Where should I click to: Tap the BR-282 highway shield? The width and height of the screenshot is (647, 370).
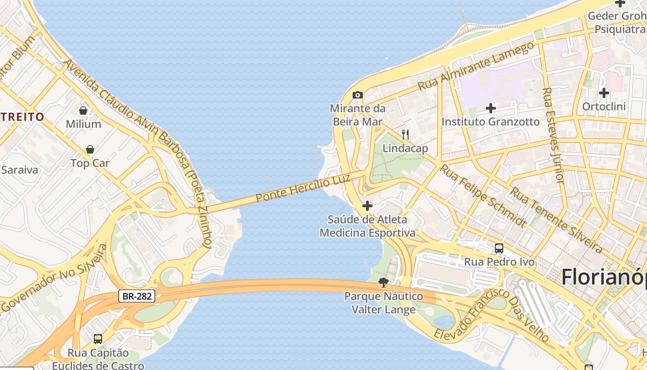click(x=136, y=296)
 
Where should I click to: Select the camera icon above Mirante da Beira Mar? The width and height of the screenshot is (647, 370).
click(x=357, y=95)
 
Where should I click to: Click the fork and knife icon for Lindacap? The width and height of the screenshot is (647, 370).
click(x=405, y=135)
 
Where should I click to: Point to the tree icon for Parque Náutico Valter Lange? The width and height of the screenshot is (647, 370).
click(x=383, y=283)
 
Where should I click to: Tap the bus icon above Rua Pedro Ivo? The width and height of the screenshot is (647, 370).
click(x=499, y=248)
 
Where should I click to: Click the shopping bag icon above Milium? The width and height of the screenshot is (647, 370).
click(x=83, y=111)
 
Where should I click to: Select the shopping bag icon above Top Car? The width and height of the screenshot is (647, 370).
click(x=90, y=149)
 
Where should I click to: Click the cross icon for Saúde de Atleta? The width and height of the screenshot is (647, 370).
click(x=367, y=206)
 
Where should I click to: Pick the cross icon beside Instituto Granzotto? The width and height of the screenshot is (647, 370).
click(x=491, y=109)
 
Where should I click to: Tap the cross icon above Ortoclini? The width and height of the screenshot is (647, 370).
click(x=604, y=93)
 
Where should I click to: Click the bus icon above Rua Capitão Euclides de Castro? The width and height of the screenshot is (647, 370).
click(x=98, y=339)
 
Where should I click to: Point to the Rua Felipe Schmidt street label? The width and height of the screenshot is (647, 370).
click(x=482, y=196)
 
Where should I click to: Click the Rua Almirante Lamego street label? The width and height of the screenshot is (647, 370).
click(x=476, y=66)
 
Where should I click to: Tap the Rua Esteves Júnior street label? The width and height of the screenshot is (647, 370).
click(x=553, y=135)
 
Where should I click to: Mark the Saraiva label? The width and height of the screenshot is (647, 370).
click(x=19, y=170)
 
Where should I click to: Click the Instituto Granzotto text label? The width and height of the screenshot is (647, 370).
click(x=491, y=122)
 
